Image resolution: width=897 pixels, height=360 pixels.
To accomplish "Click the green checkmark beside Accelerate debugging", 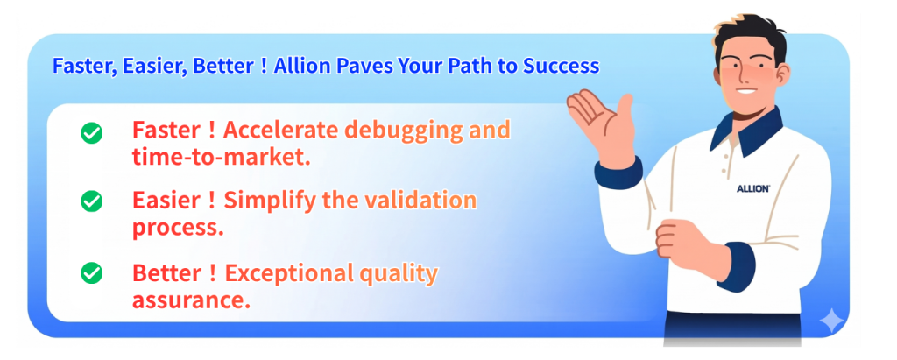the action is point(91,133).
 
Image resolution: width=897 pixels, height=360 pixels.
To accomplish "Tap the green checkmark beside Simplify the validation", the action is point(91,201).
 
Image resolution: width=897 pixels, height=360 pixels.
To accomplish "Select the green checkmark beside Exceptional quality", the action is point(91,273).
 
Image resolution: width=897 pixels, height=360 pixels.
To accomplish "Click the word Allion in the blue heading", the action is point(302,67).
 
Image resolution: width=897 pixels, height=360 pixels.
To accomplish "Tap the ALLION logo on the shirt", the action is point(752,189).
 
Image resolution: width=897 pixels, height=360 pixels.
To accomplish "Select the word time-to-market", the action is point(222,157).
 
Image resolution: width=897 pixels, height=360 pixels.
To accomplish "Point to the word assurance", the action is point(191,299).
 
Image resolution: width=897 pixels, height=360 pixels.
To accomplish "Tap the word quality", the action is point(399,274).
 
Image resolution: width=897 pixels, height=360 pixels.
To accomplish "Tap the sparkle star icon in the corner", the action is point(831,321).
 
